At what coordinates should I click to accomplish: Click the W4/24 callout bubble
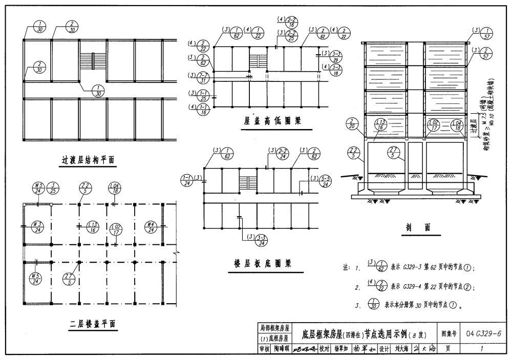tap(151, 226)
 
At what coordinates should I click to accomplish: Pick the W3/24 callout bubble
tap(36, 226)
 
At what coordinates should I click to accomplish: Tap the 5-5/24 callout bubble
tap(325, 181)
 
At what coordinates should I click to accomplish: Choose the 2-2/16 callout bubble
tap(293, 22)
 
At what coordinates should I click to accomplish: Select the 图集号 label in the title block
tap(449, 334)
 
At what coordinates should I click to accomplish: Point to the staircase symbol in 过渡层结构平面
tap(93, 61)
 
